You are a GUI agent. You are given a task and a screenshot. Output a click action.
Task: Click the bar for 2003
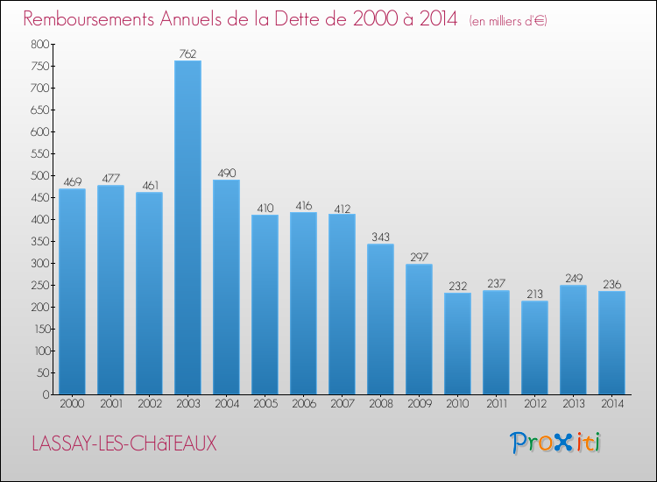187,227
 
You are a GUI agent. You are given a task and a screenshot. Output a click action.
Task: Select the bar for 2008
380,319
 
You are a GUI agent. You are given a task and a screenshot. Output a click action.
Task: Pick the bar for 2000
72,291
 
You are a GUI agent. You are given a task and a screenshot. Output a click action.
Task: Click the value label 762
187,53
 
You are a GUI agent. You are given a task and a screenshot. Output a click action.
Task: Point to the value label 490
226,173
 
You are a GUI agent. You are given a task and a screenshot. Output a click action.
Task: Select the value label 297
419,257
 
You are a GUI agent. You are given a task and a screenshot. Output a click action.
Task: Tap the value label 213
534,294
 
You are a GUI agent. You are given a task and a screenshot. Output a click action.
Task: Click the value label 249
573,278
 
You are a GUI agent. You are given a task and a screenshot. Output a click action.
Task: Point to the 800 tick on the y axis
39,44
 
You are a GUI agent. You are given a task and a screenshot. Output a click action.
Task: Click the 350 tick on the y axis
39,241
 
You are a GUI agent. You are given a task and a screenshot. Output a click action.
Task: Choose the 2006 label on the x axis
303,404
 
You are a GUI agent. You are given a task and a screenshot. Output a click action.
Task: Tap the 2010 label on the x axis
457,404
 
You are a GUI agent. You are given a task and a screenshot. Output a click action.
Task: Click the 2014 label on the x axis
611,404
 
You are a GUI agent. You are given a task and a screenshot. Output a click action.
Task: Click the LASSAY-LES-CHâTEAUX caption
124,443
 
